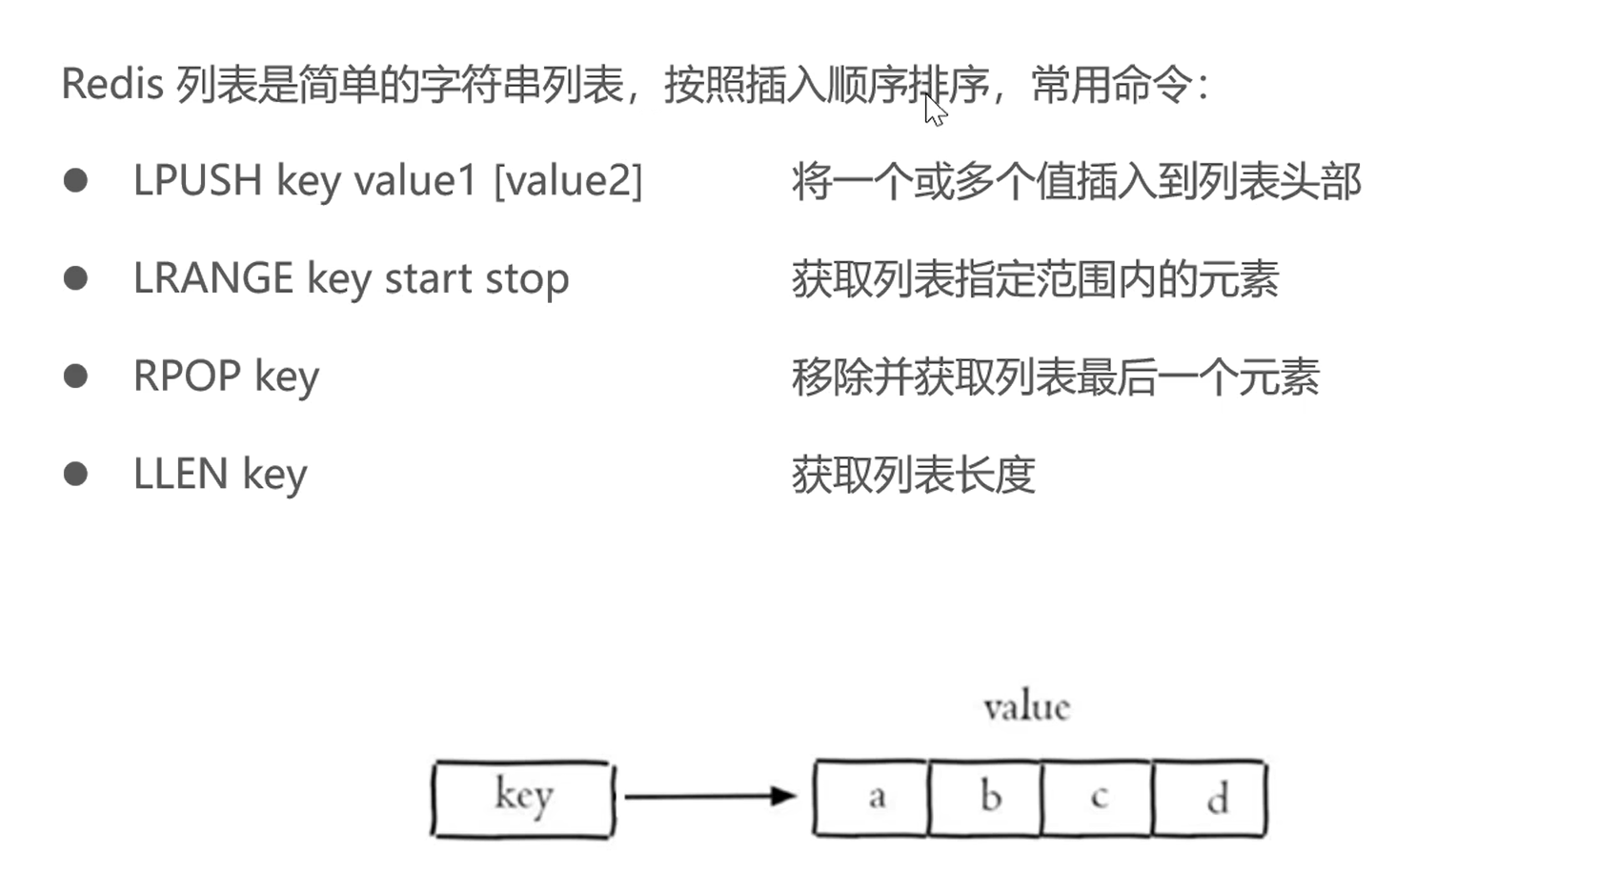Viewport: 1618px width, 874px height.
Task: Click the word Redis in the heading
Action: coord(112,84)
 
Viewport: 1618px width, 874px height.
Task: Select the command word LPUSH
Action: coord(198,180)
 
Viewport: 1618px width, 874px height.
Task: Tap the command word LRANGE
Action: coord(213,278)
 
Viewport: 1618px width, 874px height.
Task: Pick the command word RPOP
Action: coord(188,376)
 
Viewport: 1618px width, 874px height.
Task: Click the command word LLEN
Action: coord(181,474)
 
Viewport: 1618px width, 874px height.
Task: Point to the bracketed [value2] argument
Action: coord(568,180)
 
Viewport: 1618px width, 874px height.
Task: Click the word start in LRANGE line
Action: coord(428,279)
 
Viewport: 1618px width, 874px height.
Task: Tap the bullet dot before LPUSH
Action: coord(76,180)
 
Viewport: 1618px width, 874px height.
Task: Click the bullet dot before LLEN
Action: coord(76,474)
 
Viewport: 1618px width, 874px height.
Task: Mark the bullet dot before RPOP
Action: coord(76,376)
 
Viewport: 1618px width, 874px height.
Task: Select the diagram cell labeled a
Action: coord(871,798)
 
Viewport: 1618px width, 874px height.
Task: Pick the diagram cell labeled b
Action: coord(985,798)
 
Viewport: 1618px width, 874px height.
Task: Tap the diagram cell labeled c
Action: coord(1097,798)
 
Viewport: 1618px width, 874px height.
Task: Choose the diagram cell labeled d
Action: coord(1210,798)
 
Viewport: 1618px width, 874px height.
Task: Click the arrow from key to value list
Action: coord(710,796)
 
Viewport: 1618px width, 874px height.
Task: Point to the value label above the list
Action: coord(1026,707)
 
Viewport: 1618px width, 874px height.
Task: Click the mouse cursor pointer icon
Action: coord(935,110)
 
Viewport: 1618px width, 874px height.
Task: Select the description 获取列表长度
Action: coord(914,475)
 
